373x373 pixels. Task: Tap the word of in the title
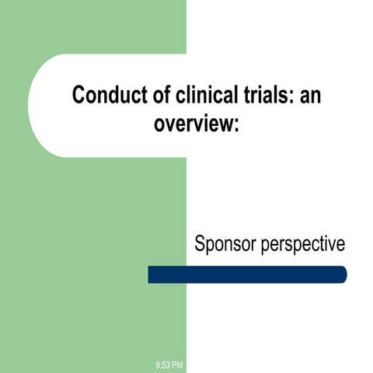(x=152, y=96)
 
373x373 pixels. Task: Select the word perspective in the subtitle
(x=301, y=245)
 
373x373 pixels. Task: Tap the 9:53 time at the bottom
(x=163, y=364)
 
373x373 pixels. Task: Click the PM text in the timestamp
(x=177, y=364)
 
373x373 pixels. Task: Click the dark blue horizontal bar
(x=247, y=274)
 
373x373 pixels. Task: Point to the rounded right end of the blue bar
(x=342, y=274)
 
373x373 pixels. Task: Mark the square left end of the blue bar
(x=151, y=274)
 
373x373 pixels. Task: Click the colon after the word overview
(x=232, y=124)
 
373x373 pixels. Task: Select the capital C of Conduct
(x=78, y=96)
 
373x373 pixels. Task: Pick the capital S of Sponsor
(x=200, y=244)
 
